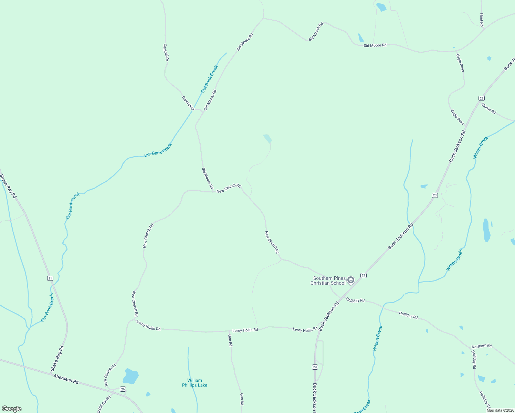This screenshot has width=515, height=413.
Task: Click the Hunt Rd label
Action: [482, 20]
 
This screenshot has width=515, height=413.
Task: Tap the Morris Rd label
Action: [488, 108]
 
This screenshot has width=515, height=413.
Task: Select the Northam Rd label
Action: [482, 346]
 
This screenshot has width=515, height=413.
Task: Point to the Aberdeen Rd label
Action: [66, 379]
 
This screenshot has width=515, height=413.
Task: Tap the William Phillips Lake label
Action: [195, 383]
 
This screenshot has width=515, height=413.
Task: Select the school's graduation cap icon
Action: [350, 280]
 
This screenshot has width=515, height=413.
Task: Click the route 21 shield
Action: [50, 278]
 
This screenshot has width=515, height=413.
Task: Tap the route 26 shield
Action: [123, 389]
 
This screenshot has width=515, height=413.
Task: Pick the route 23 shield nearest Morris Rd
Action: [481, 98]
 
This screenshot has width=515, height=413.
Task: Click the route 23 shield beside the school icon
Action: [364, 275]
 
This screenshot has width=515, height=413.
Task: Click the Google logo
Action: [12, 409]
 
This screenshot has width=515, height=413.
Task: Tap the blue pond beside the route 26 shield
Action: [131, 376]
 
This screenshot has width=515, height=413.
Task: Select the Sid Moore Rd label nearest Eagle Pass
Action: [375, 45]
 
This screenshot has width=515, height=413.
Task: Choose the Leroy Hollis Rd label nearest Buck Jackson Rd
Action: [305, 330]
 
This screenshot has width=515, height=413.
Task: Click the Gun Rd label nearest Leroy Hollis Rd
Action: [230, 340]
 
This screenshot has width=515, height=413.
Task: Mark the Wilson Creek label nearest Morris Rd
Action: [481, 147]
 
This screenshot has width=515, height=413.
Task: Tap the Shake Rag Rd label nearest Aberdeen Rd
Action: [57, 358]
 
